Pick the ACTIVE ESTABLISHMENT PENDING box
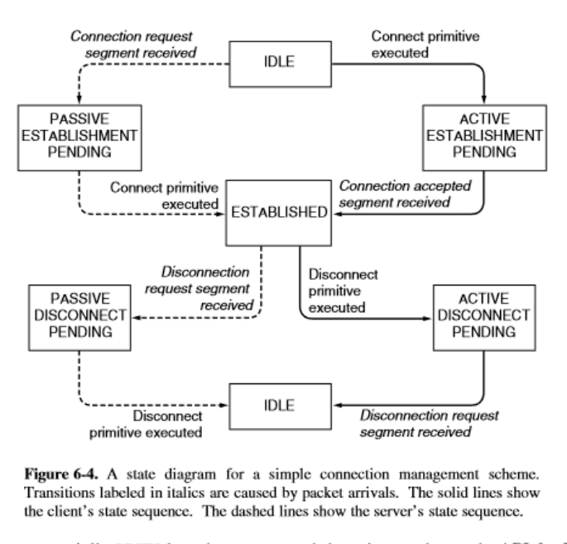(x=480, y=131)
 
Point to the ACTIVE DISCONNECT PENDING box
(x=480, y=315)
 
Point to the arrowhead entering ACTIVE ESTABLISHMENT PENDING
(x=481, y=97)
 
